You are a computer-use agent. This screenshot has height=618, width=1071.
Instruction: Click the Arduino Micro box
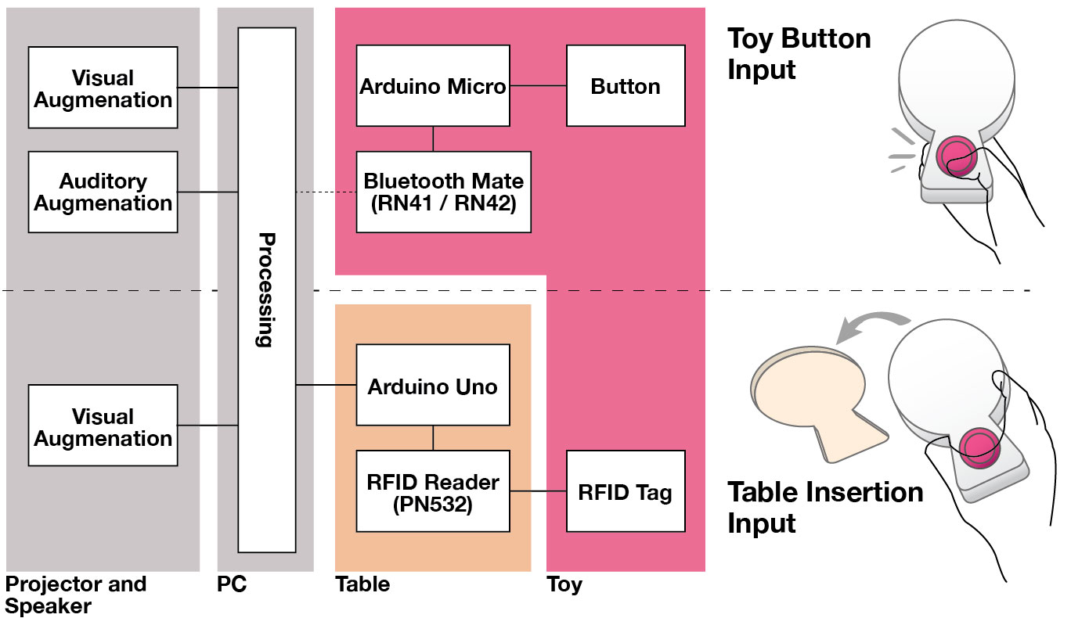(432, 85)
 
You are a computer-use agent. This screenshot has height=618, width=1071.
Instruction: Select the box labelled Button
(626, 85)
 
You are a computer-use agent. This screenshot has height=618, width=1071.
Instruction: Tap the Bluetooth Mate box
(443, 192)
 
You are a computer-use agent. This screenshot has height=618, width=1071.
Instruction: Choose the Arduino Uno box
(432, 386)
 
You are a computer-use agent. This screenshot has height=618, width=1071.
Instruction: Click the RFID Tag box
(626, 492)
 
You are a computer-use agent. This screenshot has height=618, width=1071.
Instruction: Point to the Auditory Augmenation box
(103, 192)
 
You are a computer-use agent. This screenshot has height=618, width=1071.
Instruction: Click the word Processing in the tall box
(266, 289)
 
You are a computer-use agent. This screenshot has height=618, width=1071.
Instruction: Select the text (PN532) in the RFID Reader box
(433, 505)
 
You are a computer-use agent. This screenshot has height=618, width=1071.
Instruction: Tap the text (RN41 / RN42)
(443, 203)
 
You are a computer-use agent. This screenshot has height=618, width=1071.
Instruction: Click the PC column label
(232, 584)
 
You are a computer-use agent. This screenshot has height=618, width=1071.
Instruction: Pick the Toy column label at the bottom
(564, 584)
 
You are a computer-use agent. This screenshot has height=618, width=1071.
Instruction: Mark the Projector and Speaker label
(76, 595)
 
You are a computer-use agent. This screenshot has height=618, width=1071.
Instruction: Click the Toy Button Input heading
(799, 53)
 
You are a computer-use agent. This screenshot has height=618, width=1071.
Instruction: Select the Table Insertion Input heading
(825, 507)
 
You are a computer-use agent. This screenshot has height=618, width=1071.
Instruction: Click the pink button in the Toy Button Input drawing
(954, 156)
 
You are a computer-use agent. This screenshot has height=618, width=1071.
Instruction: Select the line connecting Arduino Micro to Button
(537, 86)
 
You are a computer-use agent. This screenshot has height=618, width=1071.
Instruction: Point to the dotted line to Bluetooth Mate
(326, 192)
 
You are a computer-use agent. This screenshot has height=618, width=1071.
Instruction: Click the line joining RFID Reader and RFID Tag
(538, 492)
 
